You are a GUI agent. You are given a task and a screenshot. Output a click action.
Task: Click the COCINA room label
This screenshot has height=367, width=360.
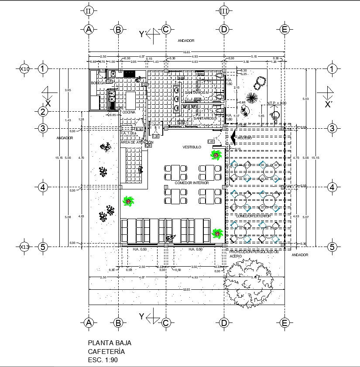(129, 112)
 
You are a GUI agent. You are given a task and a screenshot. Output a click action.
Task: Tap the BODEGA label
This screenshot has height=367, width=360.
(98, 83)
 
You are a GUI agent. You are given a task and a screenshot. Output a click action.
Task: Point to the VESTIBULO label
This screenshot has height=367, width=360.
(192, 147)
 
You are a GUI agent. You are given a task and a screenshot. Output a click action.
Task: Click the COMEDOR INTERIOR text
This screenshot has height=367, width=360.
(192, 183)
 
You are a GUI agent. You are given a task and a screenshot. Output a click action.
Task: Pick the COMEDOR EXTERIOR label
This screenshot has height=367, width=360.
(254, 216)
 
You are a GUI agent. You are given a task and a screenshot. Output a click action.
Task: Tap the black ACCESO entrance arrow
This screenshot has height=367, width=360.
(233, 138)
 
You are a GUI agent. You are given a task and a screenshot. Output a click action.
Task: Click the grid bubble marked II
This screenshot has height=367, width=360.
(89, 11)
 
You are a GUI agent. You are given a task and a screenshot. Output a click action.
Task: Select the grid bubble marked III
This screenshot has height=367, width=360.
(224, 11)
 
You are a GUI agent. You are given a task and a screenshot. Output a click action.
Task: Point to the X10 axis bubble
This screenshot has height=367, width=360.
(25, 69)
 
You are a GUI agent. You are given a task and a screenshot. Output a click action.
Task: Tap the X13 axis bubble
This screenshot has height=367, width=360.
(25, 247)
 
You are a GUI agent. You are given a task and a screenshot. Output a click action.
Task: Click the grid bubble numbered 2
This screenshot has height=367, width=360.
(43, 112)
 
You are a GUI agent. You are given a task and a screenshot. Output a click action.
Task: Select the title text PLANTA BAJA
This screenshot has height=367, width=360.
(110, 343)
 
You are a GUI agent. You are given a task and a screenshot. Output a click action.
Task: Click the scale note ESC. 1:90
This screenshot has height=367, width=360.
(103, 360)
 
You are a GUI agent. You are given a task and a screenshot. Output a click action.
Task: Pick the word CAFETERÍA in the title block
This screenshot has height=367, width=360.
(106, 351)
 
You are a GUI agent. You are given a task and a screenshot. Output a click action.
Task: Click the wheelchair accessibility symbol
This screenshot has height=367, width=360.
(275, 115)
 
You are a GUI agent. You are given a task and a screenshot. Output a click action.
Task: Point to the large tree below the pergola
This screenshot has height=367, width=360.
(248, 283)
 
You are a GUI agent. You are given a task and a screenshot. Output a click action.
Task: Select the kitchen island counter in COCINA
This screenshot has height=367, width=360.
(132, 100)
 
